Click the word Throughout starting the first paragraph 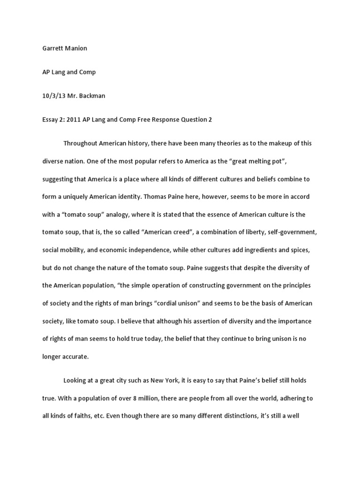(82, 143)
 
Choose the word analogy (120, 215)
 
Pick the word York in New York (192, 380)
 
